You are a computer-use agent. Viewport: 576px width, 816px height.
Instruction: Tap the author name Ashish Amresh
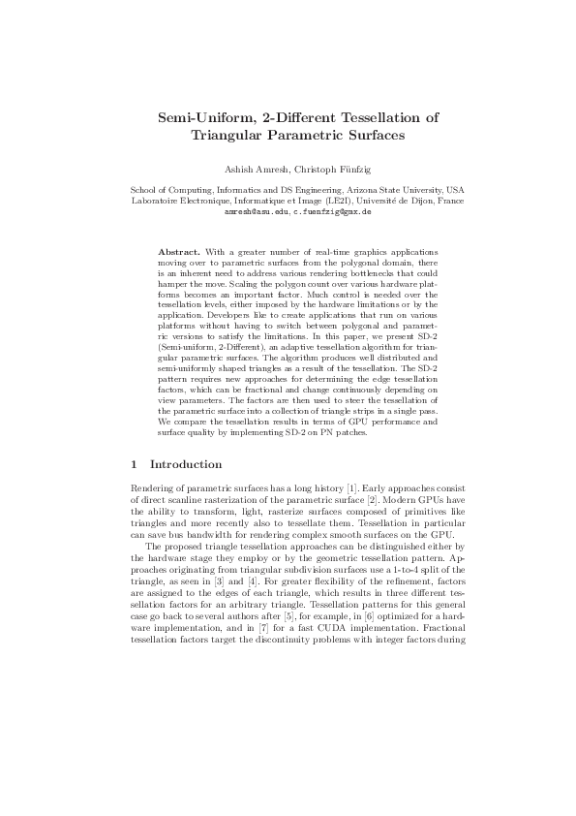255,168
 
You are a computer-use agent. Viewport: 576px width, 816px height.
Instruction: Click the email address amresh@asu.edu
256,210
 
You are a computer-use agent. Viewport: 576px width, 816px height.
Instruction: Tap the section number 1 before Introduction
134,464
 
